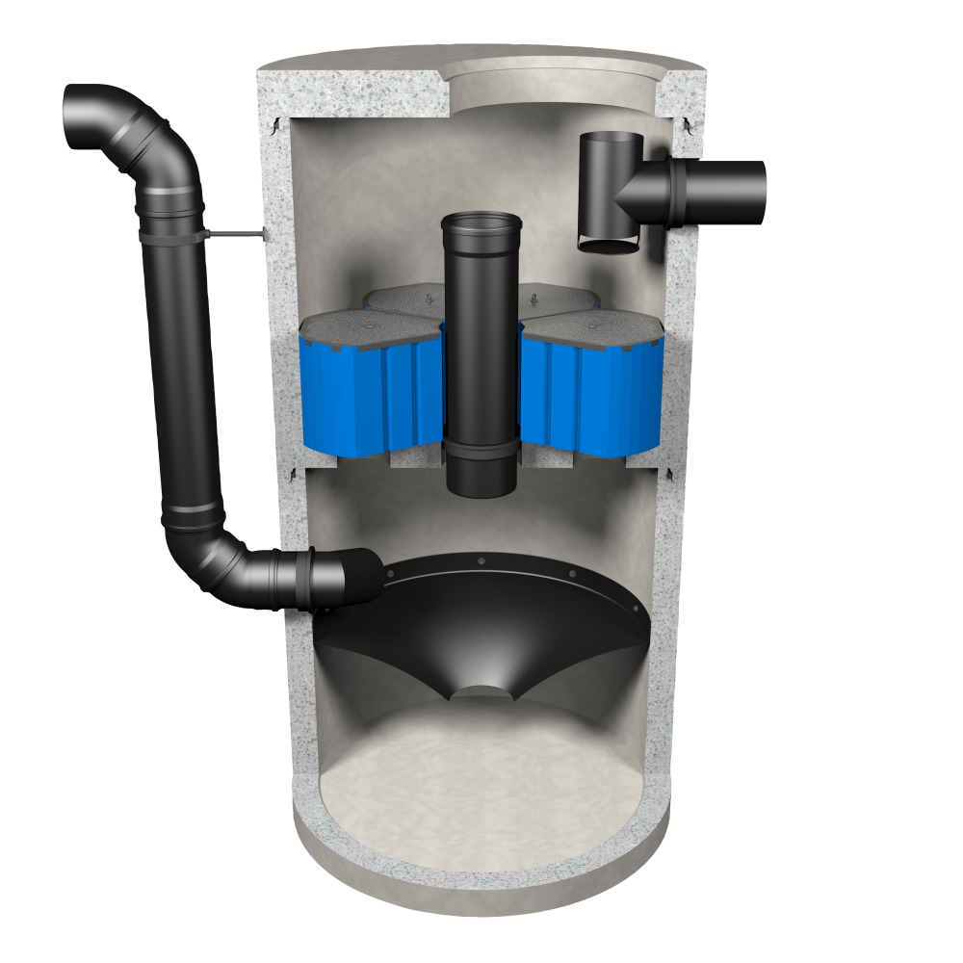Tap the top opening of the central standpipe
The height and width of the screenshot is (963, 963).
pos(480,224)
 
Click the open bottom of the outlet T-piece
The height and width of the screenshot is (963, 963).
pos(609,247)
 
